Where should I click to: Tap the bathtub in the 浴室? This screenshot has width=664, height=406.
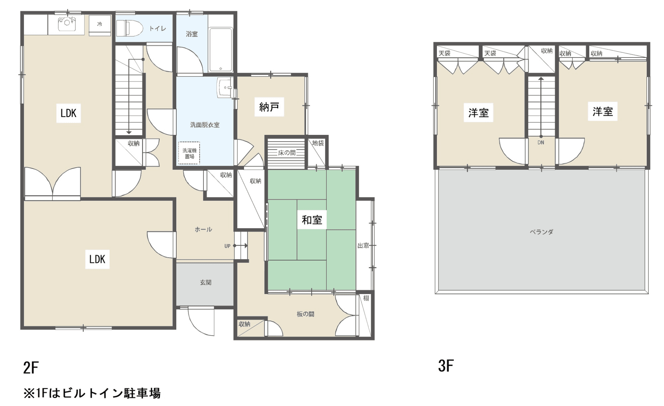221,50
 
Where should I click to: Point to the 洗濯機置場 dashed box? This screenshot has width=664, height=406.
189,153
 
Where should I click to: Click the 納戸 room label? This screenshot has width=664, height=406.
269,107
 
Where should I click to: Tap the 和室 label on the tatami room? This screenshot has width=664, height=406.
312,220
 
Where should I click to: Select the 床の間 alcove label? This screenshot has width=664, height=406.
287,153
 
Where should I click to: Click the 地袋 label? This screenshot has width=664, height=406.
318,143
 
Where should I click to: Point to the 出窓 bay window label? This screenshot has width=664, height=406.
363,246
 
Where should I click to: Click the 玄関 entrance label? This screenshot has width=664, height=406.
206,282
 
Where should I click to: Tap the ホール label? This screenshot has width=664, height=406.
203,230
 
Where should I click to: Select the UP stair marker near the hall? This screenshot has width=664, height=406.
227,246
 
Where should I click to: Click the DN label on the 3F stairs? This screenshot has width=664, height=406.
541,143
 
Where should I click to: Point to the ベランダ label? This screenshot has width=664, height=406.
541,232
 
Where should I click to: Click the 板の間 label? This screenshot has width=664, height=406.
305,314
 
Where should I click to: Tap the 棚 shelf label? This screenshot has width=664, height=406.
366,298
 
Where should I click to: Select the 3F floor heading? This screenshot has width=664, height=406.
446,366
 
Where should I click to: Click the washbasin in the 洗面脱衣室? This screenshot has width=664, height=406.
225,88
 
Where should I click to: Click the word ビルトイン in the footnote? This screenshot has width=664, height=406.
92,393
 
